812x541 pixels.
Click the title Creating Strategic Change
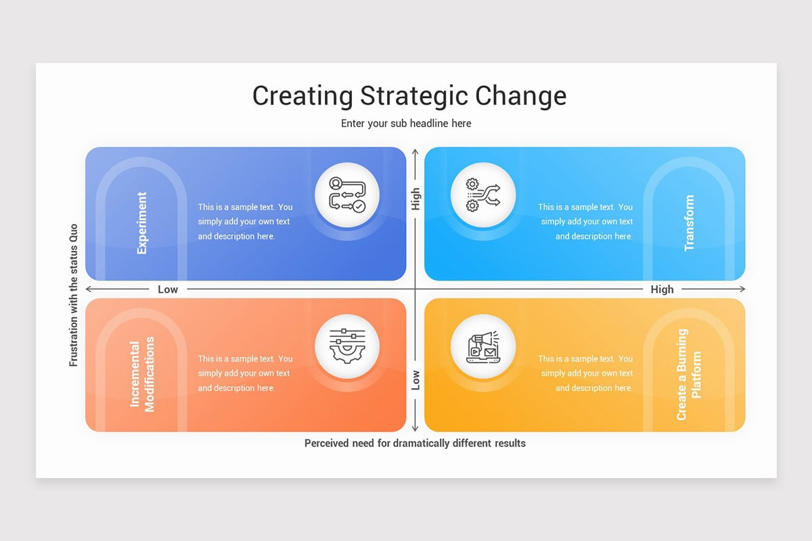point(409,95)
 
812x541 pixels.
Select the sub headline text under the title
point(406,123)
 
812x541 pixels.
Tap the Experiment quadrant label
point(141,222)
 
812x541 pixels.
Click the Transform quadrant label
point(689,223)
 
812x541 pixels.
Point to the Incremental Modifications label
point(142,374)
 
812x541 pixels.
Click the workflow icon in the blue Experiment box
point(347,195)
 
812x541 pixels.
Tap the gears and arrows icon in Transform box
point(483,195)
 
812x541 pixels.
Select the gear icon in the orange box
point(347,346)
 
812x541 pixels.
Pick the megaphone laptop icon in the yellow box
point(483,346)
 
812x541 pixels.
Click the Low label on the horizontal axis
point(168,289)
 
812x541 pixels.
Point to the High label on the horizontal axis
point(662,289)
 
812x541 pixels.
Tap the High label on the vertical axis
point(415,199)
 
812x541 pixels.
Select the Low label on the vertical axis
point(415,380)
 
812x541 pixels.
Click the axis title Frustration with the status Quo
point(74,296)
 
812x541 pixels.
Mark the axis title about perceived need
point(415,444)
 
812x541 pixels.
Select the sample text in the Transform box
point(586,222)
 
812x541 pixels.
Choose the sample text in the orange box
point(245,373)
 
